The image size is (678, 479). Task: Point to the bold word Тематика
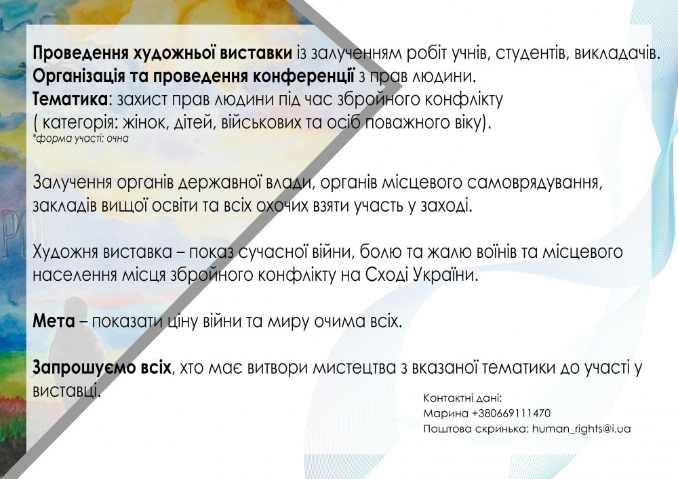(70, 100)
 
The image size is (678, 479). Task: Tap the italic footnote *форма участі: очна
(81, 138)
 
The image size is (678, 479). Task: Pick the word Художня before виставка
(65, 252)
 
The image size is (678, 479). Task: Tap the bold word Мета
(54, 322)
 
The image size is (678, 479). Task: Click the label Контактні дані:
(462, 398)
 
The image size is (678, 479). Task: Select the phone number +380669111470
(511, 413)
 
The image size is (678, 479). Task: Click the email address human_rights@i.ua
(581, 429)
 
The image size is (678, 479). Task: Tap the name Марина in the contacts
(445, 413)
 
